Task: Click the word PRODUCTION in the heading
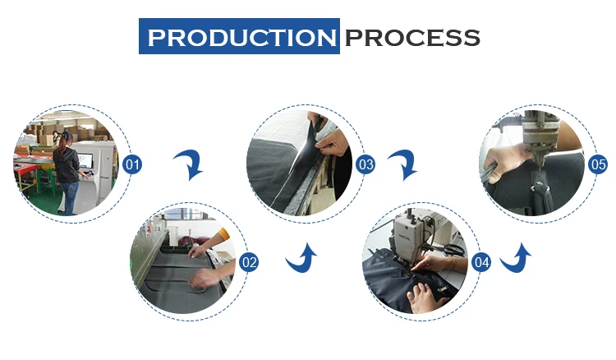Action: click(x=242, y=38)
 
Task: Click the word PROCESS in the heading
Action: click(x=412, y=38)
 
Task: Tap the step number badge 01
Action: click(x=132, y=164)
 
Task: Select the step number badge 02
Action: click(x=249, y=262)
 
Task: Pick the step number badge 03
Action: click(x=365, y=164)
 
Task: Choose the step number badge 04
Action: click(x=481, y=262)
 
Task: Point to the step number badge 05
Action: click(x=598, y=164)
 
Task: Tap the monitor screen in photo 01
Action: click(x=85, y=161)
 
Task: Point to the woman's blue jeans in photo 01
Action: click(x=69, y=198)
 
